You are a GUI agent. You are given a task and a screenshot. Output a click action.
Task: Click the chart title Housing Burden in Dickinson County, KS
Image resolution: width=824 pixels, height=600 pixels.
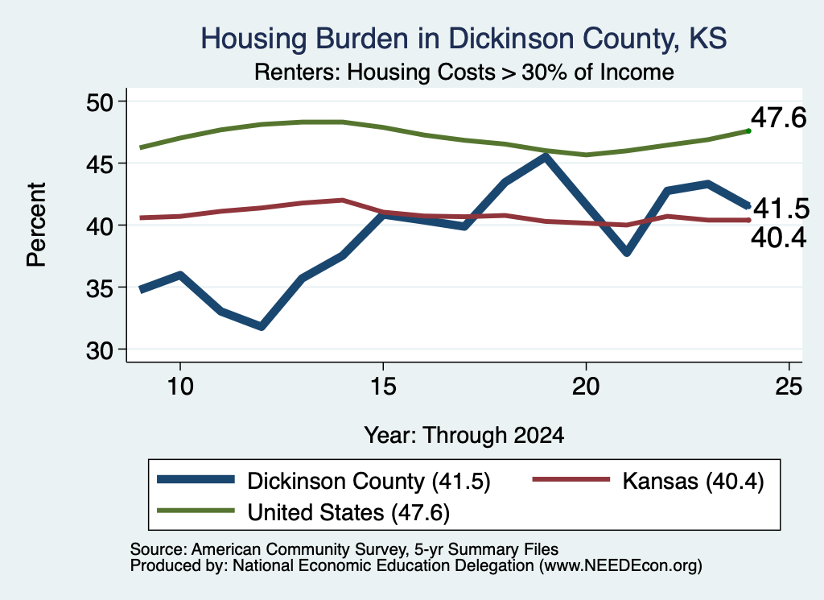click(x=463, y=39)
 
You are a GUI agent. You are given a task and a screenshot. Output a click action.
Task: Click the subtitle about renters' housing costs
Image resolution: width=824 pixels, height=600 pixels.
click(x=464, y=72)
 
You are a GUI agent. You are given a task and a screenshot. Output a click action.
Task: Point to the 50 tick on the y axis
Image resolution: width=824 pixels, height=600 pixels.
click(x=100, y=102)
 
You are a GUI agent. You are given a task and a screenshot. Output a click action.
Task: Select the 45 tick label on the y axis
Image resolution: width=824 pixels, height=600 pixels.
click(x=100, y=164)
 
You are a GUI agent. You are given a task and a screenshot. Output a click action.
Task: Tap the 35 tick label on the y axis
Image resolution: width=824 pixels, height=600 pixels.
click(x=100, y=288)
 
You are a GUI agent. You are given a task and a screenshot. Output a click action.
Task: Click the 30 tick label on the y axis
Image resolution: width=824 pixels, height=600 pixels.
click(x=100, y=350)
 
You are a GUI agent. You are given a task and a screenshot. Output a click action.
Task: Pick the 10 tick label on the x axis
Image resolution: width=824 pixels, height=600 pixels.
click(x=180, y=387)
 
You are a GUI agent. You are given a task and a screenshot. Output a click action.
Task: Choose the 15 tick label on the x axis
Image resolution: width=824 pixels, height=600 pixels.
click(x=383, y=387)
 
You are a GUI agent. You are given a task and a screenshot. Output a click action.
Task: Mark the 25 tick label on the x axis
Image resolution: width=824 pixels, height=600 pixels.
click(x=789, y=387)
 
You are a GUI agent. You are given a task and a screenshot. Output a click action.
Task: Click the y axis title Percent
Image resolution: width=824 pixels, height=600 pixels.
click(x=36, y=225)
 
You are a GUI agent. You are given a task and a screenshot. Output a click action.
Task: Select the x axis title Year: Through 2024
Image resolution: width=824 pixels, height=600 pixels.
click(x=464, y=436)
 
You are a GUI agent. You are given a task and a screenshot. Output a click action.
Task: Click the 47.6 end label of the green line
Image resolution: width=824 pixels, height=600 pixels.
click(x=778, y=118)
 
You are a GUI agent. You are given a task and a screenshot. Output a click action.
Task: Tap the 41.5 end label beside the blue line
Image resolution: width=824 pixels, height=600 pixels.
click(x=781, y=209)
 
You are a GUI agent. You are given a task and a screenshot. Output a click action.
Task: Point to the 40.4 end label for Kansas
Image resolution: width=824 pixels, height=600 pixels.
click(x=778, y=238)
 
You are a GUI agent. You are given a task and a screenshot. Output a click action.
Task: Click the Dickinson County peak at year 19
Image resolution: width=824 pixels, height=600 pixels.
click(x=546, y=156)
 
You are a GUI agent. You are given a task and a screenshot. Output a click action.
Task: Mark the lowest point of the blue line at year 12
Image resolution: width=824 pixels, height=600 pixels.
click(x=262, y=326)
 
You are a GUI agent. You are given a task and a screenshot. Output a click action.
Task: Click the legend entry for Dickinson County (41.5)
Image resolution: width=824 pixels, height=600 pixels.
click(x=323, y=481)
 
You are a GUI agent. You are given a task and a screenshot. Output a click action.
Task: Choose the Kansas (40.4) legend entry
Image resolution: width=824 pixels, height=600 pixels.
click(x=649, y=481)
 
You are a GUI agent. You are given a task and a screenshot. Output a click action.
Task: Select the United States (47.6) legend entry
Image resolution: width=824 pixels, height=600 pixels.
click(x=303, y=512)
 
